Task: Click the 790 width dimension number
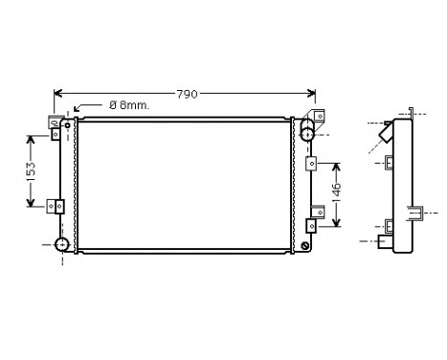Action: (x=186, y=94)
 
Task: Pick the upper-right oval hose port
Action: (x=307, y=133)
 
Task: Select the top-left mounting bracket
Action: (x=56, y=124)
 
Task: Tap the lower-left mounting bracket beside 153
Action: (x=56, y=204)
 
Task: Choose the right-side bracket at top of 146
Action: (x=310, y=164)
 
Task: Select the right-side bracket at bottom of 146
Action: (x=311, y=226)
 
